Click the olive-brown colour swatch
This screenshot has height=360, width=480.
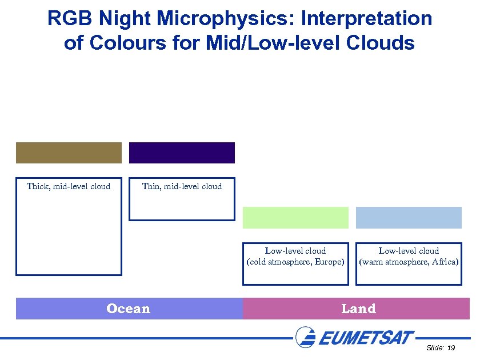[69, 153]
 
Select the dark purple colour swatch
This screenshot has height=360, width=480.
[182, 153]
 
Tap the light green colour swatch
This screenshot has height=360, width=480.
[295, 218]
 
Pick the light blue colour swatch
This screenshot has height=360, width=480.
[409, 218]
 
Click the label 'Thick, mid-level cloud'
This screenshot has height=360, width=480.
[69, 186]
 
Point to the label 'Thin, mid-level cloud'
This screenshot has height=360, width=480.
[182, 186]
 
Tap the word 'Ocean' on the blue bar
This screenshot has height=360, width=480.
[128, 309]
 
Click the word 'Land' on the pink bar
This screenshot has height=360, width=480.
[358, 309]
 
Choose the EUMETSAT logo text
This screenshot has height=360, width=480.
[366, 338]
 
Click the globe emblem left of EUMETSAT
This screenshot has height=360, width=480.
[305, 337]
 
